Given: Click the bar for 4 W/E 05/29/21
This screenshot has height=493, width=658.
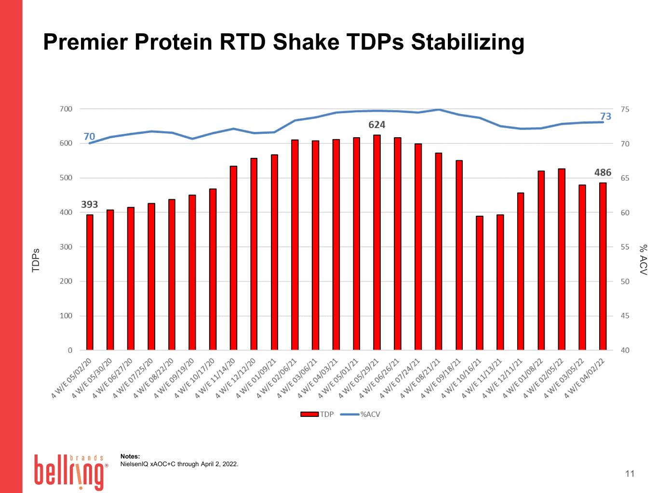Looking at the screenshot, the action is point(377,243).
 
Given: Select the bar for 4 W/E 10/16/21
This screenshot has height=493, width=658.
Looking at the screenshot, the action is point(479,283).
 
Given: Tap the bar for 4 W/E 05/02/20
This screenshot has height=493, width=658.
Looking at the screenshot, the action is point(90,282).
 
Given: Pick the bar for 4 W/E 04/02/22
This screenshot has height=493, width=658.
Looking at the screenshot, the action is point(603,266).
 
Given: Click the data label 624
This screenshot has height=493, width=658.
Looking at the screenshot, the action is point(377,125).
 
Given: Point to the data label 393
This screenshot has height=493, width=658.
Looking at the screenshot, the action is point(89,205).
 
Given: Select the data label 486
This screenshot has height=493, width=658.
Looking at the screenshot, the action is point(603,172).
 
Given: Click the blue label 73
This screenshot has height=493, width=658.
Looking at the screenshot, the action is point(605,116).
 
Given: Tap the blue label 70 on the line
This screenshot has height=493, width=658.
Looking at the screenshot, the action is point(89,137).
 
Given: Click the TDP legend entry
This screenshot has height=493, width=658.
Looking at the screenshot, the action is point(317,414).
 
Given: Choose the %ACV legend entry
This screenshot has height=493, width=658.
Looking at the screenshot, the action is point(361,414).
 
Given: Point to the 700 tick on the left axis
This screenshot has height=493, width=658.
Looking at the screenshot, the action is point(66,109).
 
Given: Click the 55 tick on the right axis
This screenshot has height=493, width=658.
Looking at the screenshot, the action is point(625,247).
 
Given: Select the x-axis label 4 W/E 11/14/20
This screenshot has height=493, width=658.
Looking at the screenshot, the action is point(215,378).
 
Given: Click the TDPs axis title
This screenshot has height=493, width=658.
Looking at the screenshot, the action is point(36,260).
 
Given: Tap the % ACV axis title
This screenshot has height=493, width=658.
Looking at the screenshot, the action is point(644,260).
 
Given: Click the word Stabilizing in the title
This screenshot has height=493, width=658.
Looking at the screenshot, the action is point(467,42).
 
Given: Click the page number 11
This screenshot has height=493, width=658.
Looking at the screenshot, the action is point(630,474).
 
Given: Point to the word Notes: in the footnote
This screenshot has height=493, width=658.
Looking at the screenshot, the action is point(130,456).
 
